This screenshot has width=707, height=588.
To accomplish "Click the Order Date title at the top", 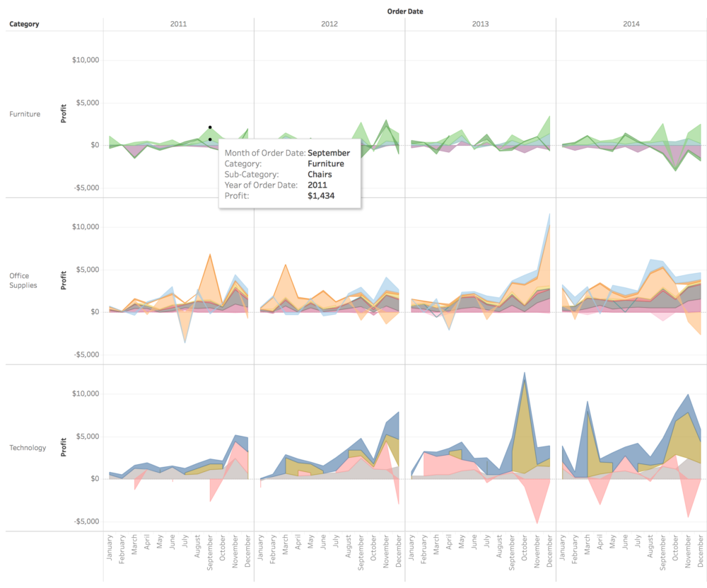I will pos(406,11).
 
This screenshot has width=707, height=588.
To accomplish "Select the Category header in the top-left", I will pos(24,24).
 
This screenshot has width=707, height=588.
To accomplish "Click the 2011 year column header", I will pos(179,24).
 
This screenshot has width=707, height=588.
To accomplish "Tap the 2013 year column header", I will pos(480,24).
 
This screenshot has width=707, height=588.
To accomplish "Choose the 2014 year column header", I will pos(631,24).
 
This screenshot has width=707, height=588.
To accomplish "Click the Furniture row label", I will pos(25,114).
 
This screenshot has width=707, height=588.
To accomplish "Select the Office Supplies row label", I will pos(23,281).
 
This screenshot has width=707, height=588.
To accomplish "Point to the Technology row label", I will pos(28,447).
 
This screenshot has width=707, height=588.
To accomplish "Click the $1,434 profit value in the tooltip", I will pos(321,195).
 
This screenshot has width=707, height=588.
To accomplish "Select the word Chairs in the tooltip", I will pos(320,174).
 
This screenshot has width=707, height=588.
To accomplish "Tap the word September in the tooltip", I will pos(329,153).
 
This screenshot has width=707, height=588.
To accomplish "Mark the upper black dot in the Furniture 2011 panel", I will pos(210,127).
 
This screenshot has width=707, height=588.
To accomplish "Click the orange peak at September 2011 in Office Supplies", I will pos(209,256).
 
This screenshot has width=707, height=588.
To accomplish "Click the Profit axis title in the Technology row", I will pos(64,447).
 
